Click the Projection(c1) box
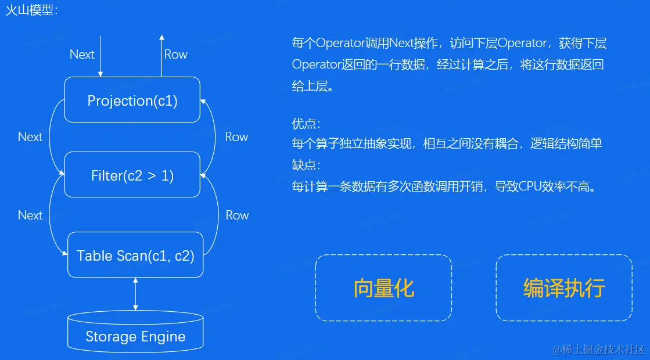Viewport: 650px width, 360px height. point(132,100)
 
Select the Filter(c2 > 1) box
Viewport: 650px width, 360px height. point(132,175)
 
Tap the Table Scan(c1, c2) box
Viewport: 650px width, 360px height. point(135,255)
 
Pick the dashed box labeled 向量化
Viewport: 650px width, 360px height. point(383,287)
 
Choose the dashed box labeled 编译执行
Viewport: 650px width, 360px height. point(563,287)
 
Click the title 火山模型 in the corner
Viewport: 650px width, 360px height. point(30,10)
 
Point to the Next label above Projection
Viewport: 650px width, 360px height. point(82,55)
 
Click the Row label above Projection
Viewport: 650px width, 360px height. point(175,55)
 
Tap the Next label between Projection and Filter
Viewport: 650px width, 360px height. point(30,137)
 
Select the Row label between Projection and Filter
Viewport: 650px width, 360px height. point(236,137)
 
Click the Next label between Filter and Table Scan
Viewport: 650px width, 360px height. point(30,215)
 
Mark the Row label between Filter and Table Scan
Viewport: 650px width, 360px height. point(237,215)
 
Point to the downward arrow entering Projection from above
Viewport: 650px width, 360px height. point(100,56)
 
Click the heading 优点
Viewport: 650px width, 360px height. point(306,124)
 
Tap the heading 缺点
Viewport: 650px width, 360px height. point(306,164)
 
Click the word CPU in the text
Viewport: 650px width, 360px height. point(530,186)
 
